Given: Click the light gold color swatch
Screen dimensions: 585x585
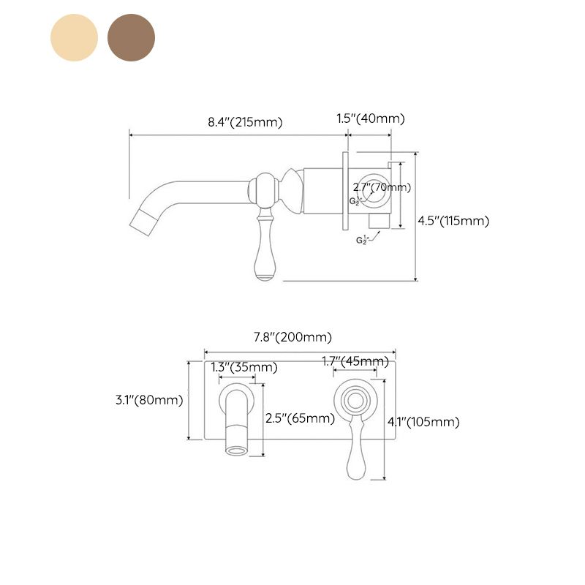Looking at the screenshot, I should click(74, 37).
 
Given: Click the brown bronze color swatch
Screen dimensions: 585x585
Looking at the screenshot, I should click(132, 37).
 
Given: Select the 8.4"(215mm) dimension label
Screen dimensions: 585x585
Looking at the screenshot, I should click(245, 122).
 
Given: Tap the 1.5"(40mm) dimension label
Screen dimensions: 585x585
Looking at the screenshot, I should click(370, 118).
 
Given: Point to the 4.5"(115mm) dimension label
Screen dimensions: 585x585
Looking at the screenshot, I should click(453, 220).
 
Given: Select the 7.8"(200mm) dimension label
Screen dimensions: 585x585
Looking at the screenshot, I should click(292, 337).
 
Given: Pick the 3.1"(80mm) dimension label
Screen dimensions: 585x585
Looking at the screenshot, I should click(149, 399).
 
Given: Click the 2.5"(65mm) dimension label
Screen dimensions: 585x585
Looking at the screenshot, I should click(300, 418).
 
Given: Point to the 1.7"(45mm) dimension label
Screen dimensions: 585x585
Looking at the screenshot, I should click(355, 361).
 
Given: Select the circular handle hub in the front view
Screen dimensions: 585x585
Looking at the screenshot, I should click(355, 399).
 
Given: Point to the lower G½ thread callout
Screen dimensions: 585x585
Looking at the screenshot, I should click(362, 239).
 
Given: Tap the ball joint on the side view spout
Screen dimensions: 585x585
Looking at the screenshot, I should click(264, 189).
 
